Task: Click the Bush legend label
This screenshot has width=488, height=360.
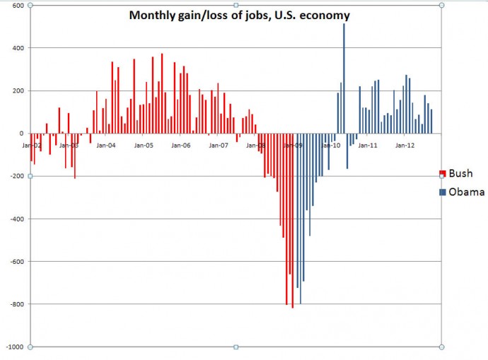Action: coord(461,173)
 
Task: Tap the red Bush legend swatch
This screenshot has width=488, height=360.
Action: coord(443,174)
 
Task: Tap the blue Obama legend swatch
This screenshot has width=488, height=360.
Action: coord(443,192)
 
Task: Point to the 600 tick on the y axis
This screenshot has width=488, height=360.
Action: coord(18,6)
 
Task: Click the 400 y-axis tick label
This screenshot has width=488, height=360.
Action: coord(18,48)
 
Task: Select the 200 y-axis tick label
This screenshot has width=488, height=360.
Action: coord(18,91)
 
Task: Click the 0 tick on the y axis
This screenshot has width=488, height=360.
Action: coord(21,134)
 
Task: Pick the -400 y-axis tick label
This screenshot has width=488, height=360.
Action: coord(16,219)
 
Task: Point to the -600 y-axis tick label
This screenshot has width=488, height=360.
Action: coord(16,262)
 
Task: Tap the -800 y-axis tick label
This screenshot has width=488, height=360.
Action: coord(16,304)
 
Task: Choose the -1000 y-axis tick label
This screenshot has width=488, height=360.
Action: coord(14,347)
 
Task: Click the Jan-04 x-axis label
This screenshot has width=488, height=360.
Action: coord(106,145)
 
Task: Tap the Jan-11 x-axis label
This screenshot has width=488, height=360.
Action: coord(367,145)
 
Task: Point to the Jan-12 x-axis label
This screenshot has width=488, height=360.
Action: coord(405,145)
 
